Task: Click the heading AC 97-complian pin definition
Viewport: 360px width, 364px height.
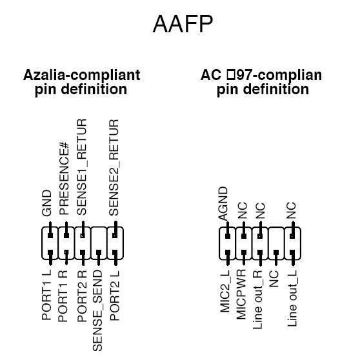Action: tap(261, 83)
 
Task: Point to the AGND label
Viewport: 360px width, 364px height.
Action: tap(224, 203)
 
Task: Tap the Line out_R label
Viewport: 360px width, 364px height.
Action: tap(259, 301)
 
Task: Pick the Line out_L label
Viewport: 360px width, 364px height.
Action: tap(292, 301)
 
